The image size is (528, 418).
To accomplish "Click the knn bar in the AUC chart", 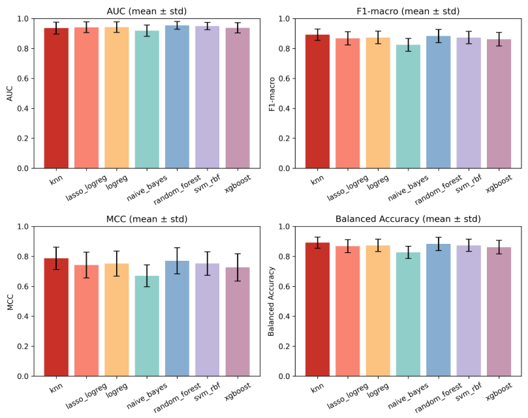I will click(x=56, y=98).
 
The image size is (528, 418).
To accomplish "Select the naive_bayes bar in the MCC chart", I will click(x=147, y=326).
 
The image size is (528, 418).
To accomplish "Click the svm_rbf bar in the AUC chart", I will click(x=208, y=97).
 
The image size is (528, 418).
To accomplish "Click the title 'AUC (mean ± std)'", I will click(x=147, y=10).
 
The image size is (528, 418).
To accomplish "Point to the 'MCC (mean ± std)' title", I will click(x=147, y=218).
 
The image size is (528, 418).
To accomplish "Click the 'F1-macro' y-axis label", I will click(x=273, y=93).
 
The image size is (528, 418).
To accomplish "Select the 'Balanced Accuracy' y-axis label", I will click(x=273, y=301).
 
